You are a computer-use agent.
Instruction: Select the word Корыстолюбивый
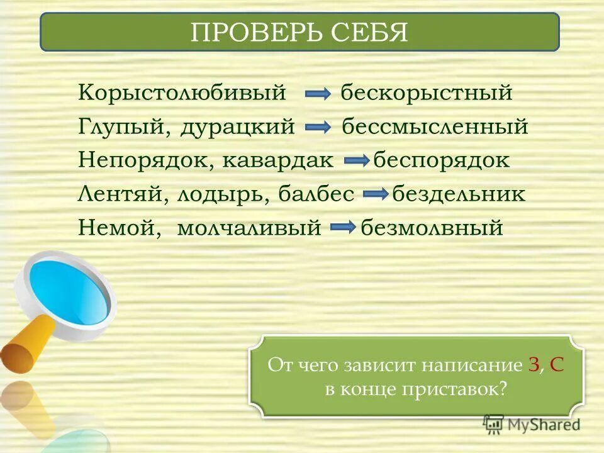pyautogui.click(x=182, y=94)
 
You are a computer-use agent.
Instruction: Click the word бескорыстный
pyautogui.click(x=427, y=94)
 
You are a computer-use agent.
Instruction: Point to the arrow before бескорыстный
pyautogui.click(x=318, y=94)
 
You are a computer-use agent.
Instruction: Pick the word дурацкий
pyautogui.click(x=238, y=127)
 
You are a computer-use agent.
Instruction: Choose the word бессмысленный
pyautogui.click(x=435, y=127)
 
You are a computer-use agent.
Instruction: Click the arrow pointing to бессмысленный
pyautogui.click(x=318, y=128)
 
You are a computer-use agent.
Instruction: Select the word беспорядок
pyautogui.click(x=442, y=160)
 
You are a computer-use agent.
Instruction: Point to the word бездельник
pyautogui.click(x=459, y=194)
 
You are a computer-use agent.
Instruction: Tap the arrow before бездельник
pyautogui.click(x=376, y=194)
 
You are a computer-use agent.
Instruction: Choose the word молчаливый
pyautogui.click(x=249, y=227)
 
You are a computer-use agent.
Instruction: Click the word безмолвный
pyautogui.click(x=432, y=227)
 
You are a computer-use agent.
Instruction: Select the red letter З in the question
pyautogui.click(x=534, y=366)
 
